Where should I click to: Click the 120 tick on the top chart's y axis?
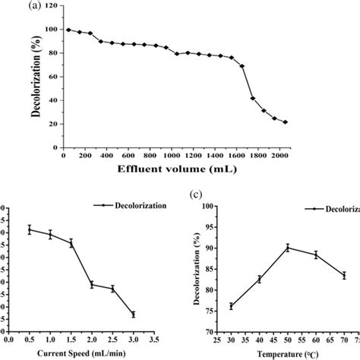point(51,5)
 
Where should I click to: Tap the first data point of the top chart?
point(68,30)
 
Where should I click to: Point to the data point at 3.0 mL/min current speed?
point(133,314)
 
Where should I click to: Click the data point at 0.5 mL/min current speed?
point(30,229)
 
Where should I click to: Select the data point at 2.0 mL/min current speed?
point(92,285)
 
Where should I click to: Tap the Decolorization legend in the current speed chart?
point(125,205)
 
